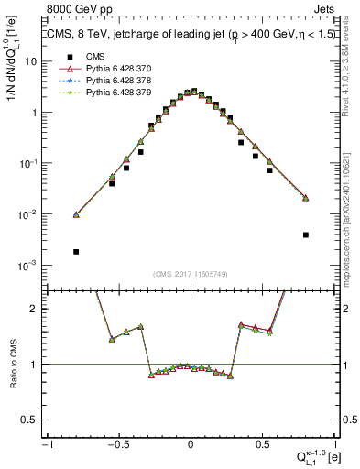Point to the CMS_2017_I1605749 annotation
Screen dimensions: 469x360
pyautogui.click(x=190, y=275)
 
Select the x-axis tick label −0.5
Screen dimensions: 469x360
pyautogui.click(x=118, y=444)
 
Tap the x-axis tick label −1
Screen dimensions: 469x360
pyautogui.click(x=48, y=444)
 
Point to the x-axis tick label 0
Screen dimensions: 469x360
pyautogui.click(x=191, y=444)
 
